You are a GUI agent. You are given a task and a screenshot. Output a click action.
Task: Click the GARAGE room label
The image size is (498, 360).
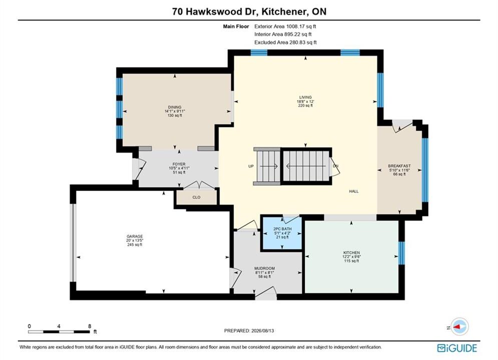pyautogui.click(x=135, y=236)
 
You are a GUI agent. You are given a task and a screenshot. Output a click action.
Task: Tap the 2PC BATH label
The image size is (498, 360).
pyautogui.click(x=282, y=228)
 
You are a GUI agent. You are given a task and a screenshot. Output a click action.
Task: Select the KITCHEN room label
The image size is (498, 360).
pyautogui.click(x=351, y=252)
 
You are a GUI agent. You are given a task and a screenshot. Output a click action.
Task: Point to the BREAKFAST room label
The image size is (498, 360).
pyautogui.click(x=399, y=166)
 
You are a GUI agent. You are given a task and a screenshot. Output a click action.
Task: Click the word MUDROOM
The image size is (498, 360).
pyautogui.click(x=265, y=268)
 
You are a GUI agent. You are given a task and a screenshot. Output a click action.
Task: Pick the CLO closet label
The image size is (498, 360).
pyautogui.click(x=196, y=197)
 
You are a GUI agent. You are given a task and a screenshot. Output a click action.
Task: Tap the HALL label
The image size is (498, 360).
pyautogui.click(x=354, y=191)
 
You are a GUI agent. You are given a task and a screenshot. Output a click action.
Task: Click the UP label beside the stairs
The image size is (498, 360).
pyautogui.click(x=251, y=166)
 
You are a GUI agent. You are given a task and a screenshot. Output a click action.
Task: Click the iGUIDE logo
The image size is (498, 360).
pyautogui.click(x=457, y=348)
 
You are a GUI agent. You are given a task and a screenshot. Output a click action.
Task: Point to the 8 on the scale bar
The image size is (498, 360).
pyautogui.click(x=90, y=326)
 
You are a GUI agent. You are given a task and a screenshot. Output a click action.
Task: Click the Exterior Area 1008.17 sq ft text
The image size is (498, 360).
pyautogui.click(x=285, y=26)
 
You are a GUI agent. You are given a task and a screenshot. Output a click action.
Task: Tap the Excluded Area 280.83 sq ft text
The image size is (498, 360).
pyautogui.click(x=285, y=42)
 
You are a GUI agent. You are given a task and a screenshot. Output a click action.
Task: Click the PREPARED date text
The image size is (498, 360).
pyautogui.click(x=249, y=330)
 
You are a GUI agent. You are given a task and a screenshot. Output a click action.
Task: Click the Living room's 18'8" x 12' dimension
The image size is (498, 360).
pyautogui.click(x=305, y=101)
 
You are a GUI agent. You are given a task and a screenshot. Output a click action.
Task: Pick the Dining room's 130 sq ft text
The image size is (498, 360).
pyautogui.click(x=175, y=115)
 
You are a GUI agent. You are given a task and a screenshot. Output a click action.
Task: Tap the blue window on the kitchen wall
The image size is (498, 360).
pyautogui.click(x=402, y=253)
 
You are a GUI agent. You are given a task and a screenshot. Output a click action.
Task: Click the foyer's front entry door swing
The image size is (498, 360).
pyautogui.click(x=139, y=168)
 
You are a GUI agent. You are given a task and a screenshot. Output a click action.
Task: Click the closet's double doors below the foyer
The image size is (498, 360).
pyautogui.click(x=198, y=185)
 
